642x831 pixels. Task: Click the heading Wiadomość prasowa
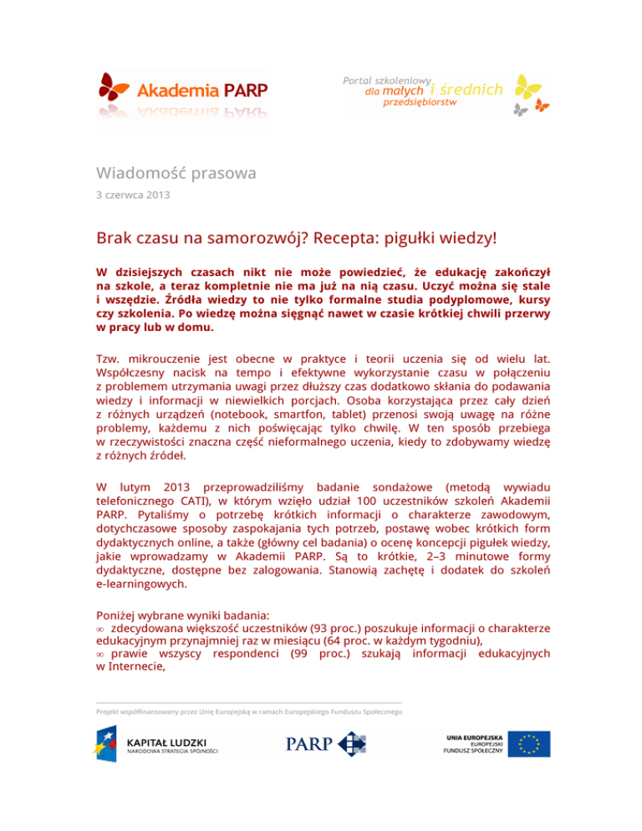(175, 174)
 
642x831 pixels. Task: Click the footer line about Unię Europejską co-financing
(250, 711)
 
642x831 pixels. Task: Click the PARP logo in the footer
(326, 744)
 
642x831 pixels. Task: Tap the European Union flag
(533, 744)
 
